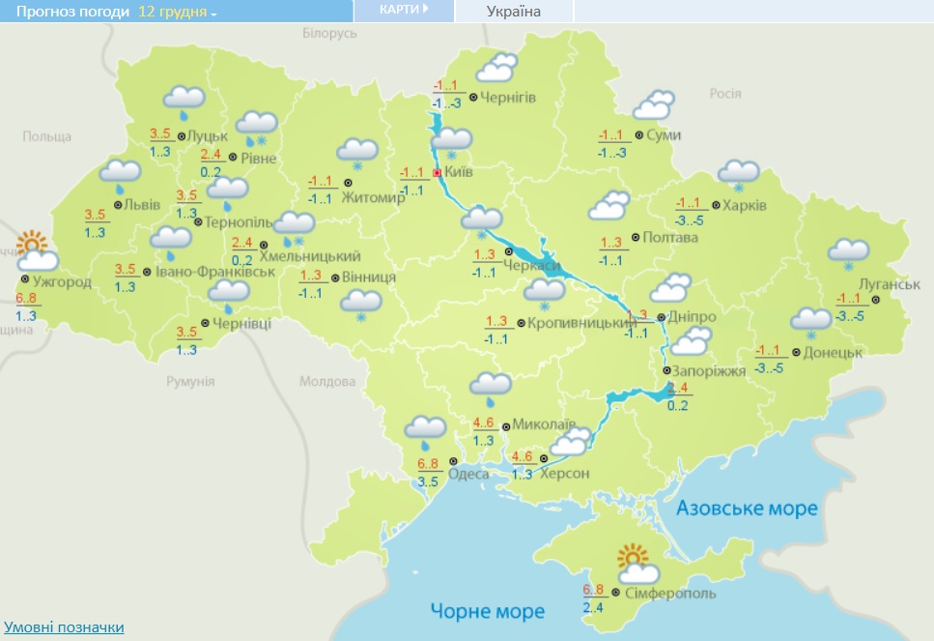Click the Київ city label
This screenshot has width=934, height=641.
click(x=459, y=173)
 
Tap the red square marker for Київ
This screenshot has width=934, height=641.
click(x=438, y=173)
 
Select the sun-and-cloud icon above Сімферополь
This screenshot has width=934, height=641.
click(x=637, y=565)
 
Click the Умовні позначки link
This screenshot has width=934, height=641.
click(x=64, y=627)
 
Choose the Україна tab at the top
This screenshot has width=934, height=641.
click(x=513, y=12)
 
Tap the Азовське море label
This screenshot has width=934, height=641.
click(x=747, y=509)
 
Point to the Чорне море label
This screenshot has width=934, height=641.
click(x=488, y=611)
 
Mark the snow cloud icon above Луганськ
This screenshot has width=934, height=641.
click(x=849, y=252)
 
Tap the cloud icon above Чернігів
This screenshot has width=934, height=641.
click(x=496, y=68)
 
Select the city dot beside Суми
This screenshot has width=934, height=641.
click(x=639, y=135)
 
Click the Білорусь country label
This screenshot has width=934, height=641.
click(x=329, y=34)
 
